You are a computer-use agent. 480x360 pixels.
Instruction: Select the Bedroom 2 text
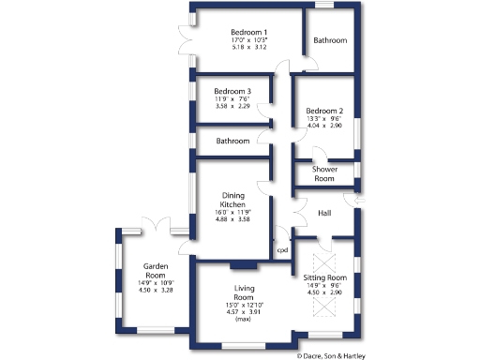[325, 110]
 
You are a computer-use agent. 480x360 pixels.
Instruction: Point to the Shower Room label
[323, 173]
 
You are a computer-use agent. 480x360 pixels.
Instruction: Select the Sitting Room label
[325, 278]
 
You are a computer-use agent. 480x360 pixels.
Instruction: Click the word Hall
[324, 214]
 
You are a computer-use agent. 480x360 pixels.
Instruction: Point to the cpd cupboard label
[280, 250]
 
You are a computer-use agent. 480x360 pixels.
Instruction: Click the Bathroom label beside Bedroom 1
[330, 41]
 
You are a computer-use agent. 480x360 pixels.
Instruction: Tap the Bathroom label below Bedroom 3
[232, 141]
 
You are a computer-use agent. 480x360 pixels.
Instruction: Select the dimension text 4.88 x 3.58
[232, 219]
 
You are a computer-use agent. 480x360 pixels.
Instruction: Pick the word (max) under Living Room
[243, 320]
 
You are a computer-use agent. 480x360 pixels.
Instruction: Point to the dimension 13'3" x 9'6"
[325, 118]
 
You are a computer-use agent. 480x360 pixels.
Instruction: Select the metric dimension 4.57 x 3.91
[244, 312]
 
